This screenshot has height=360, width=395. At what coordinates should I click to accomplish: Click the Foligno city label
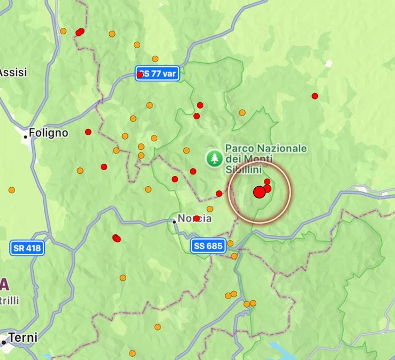[x=48, y=133]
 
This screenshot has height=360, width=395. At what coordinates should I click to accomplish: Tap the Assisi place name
[x=13, y=72]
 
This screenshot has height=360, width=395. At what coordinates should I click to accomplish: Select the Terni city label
[x=23, y=338]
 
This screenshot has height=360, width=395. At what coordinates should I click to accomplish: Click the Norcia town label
[x=195, y=218]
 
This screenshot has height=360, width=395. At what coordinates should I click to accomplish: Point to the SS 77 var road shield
[x=157, y=74]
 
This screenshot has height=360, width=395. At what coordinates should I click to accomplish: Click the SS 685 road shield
[x=208, y=246]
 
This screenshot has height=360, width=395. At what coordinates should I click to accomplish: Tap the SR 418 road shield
[x=26, y=248]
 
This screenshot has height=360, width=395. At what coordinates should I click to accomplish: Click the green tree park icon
[x=215, y=157]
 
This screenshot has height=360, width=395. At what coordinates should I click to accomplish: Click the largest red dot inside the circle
[x=260, y=192]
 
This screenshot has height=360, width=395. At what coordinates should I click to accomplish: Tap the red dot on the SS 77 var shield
[x=140, y=74]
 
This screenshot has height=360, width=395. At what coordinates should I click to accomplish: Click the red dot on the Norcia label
[x=197, y=218]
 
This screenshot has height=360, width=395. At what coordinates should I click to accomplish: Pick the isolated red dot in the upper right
[x=315, y=96]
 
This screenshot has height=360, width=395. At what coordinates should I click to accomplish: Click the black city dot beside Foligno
[x=25, y=137]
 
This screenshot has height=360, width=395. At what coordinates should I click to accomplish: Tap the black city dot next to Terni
[x=4, y=341]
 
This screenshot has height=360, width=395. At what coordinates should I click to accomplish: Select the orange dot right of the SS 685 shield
[x=230, y=243]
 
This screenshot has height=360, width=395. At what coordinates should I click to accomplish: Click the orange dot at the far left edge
[x=11, y=190]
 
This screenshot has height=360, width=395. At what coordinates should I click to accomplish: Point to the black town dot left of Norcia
[x=174, y=221]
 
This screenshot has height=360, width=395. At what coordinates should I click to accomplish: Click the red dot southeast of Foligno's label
[x=88, y=132]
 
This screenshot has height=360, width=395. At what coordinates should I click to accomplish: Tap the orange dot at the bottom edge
[x=132, y=353]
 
